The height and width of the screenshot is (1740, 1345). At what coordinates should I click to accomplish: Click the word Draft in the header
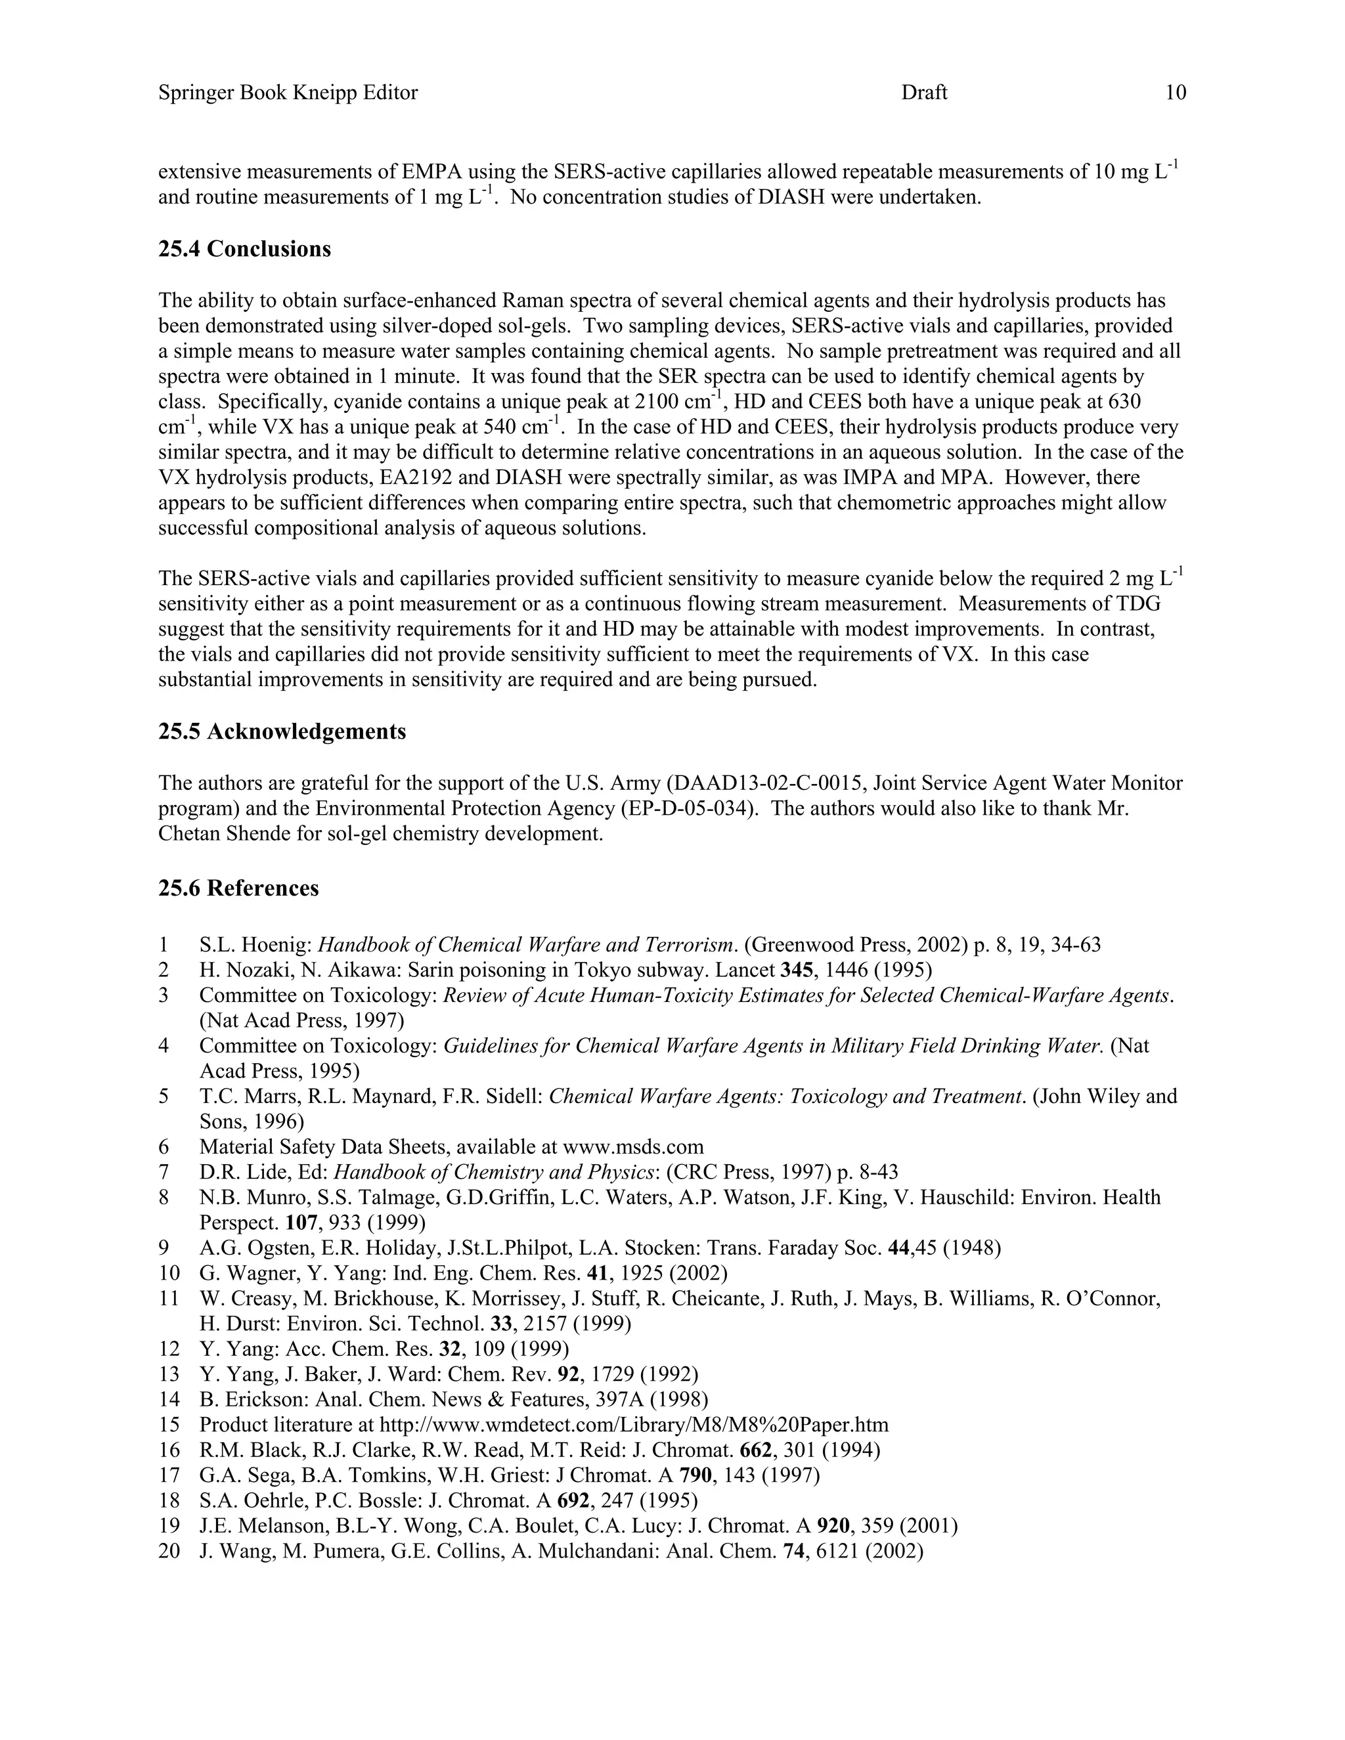923,93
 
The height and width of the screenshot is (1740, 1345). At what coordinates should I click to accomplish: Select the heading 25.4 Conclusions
244,250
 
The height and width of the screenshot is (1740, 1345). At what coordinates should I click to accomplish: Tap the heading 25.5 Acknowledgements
282,731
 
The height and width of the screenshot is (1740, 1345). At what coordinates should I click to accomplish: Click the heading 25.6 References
238,888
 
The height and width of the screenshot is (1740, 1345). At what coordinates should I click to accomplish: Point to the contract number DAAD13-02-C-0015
769,783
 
